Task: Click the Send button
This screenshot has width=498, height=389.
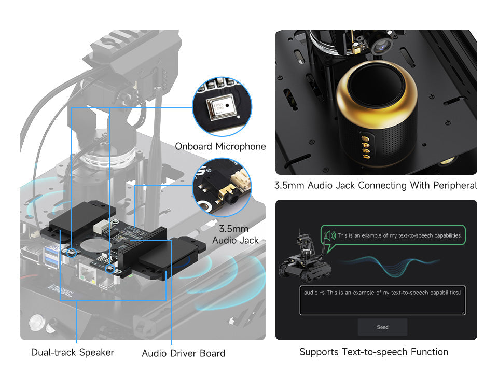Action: (x=382, y=327)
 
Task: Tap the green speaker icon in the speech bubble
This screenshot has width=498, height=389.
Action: (x=329, y=236)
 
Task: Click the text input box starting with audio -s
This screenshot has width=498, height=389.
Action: (x=382, y=300)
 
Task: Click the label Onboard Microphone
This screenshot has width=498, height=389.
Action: (x=220, y=146)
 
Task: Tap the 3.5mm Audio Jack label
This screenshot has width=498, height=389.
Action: (x=233, y=234)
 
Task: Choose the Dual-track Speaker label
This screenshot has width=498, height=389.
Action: (x=73, y=352)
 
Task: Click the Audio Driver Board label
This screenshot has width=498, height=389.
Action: (x=184, y=353)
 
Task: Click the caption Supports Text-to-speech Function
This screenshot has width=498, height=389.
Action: (x=374, y=352)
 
